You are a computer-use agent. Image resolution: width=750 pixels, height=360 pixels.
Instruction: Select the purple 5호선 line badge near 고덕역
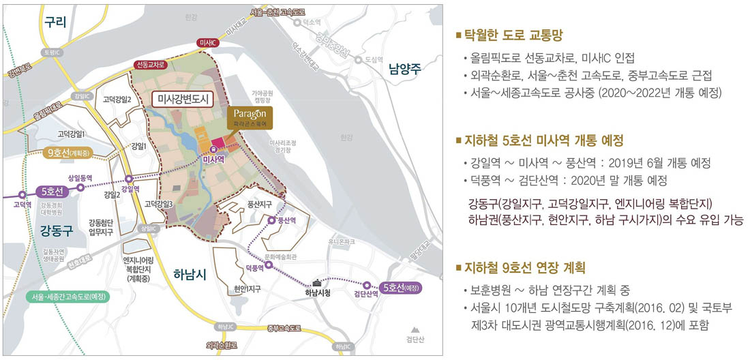click(52, 192)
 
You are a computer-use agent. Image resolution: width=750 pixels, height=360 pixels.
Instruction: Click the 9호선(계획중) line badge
click(69, 153)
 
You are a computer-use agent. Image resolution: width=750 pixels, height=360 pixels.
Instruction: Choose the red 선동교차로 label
click(151, 65)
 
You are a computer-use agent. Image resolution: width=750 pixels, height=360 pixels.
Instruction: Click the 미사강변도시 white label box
click(181, 100)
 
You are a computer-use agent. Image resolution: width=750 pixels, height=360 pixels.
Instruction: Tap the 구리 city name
click(55, 22)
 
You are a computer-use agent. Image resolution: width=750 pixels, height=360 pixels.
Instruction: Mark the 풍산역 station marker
click(271, 220)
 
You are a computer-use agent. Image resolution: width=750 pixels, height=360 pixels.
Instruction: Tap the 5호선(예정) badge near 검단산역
click(400, 287)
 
